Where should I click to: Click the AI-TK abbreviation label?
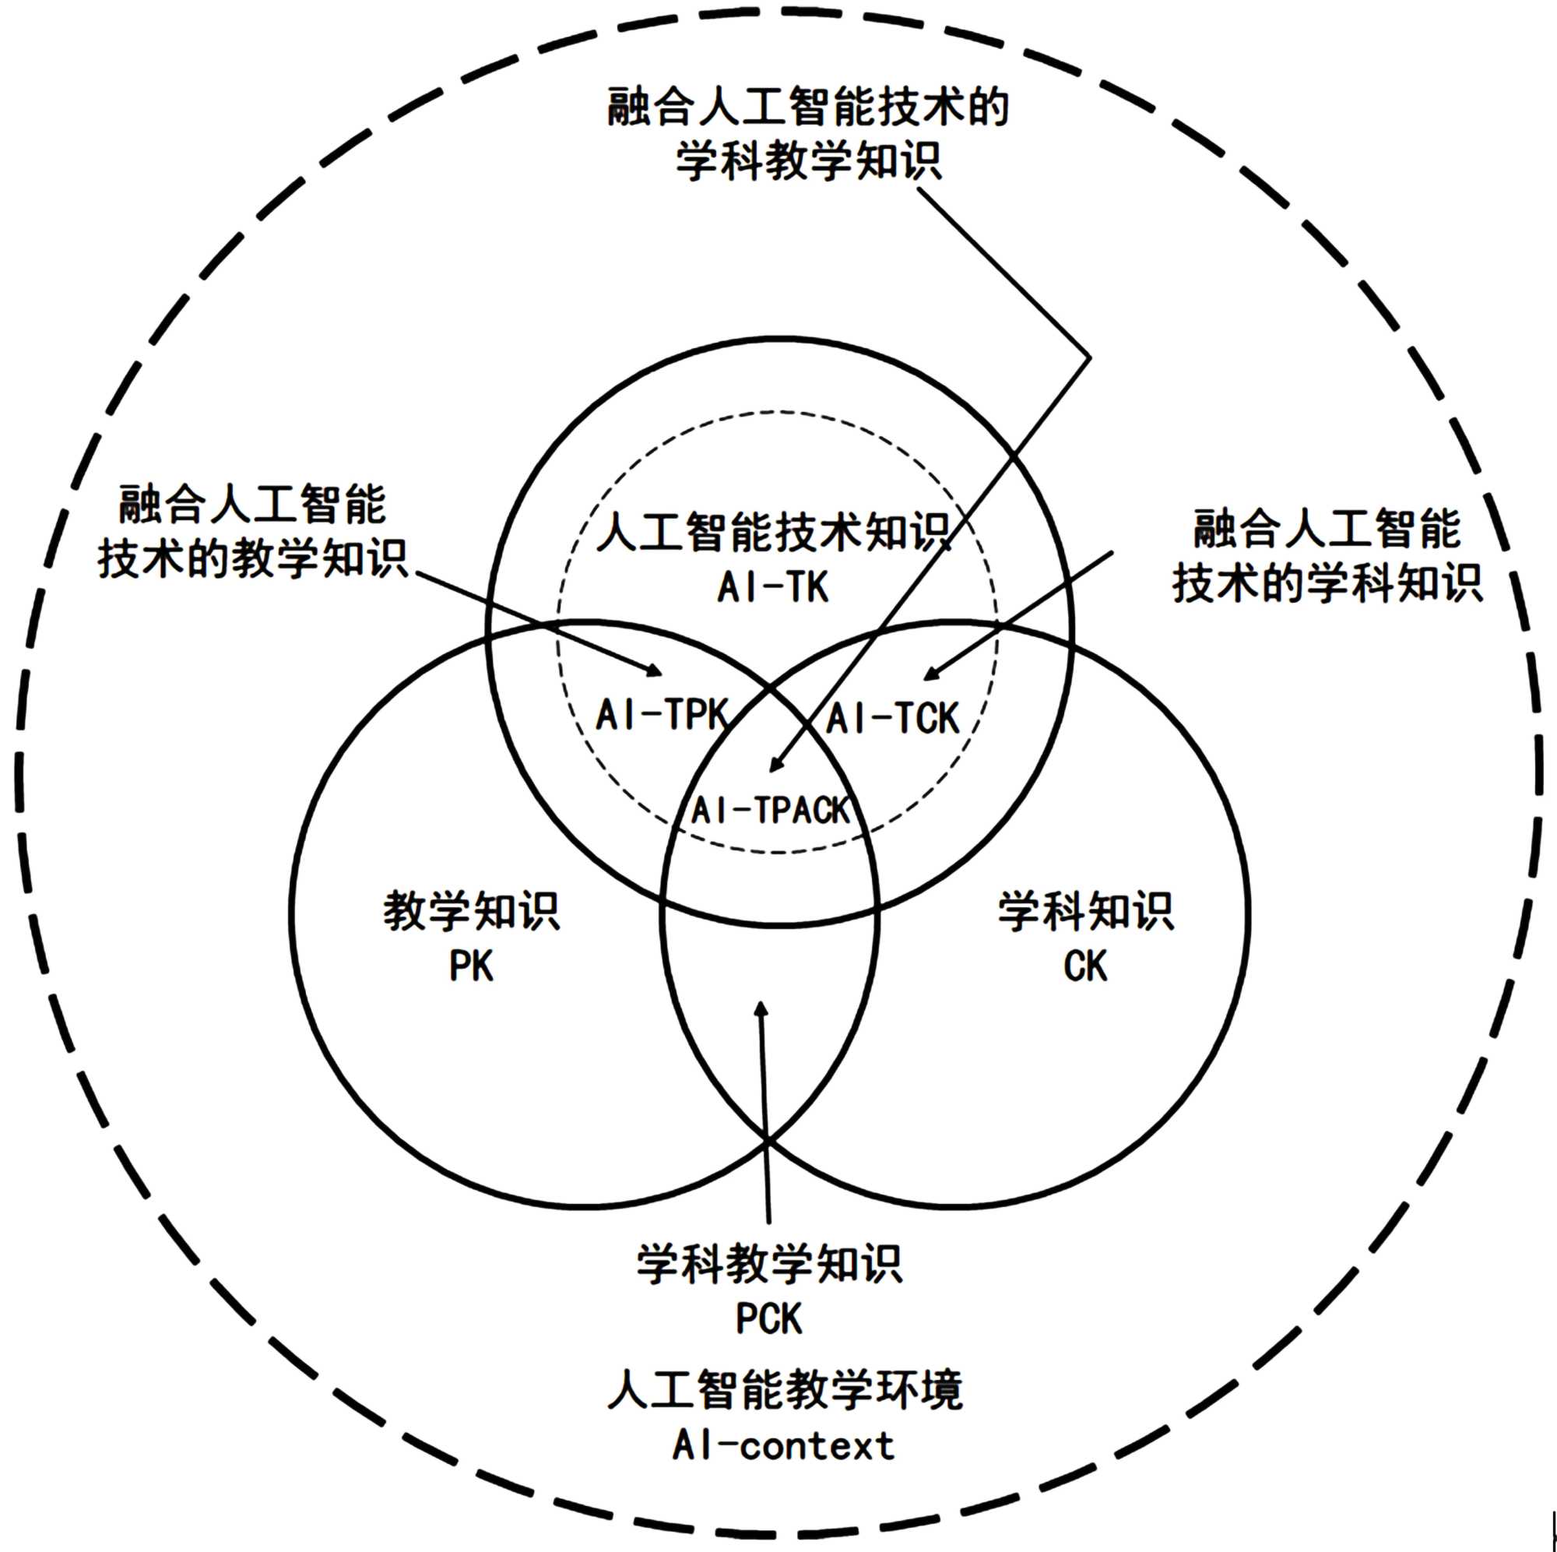(773, 588)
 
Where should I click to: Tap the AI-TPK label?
(662, 715)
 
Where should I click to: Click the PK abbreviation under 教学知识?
(472, 966)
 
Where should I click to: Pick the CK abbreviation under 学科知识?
(1085, 966)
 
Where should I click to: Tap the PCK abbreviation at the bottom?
(769, 1319)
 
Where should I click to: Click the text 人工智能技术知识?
(774, 532)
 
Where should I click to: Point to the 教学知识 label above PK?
(472, 911)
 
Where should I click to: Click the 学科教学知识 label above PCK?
(770, 1263)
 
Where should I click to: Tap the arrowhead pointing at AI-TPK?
(655, 670)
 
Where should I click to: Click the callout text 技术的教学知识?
(253, 558)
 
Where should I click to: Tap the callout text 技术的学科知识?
(1327, 583)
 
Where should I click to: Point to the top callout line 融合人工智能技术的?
(807, 107)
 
